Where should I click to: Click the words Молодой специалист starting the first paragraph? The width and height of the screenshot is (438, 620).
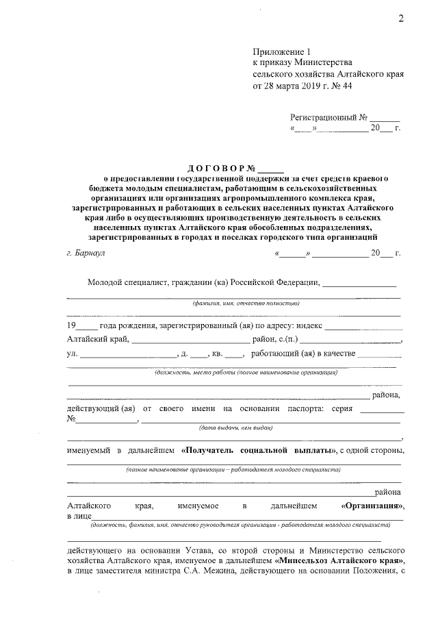coord(123,282)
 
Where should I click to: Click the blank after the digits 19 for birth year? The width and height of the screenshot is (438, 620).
coord(88,325)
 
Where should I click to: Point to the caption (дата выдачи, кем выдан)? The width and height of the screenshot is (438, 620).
coord(236,427)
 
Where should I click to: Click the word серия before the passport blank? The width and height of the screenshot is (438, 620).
coord(340,408)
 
